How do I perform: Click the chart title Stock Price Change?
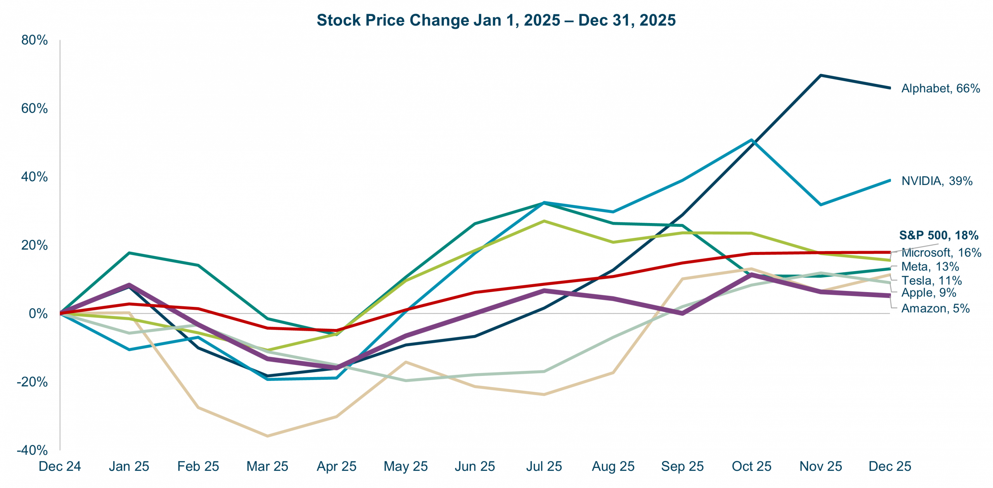[496, 20]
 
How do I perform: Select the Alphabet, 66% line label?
[940, 88]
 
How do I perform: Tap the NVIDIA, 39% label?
[937, 181]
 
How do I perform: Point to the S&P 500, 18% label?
[938, 235]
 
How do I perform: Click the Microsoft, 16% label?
[941, 253]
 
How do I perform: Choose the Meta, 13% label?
[930, 266]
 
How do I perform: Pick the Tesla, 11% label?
[931, 280]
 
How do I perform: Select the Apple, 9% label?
[928, 293]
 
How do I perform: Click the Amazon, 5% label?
[935, 308]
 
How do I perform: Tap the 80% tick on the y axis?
[35, 40]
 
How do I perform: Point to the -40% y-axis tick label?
[32, 450]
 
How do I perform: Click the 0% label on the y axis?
[38, 313]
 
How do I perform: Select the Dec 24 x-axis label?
[60, 466]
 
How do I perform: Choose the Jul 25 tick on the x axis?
[544, 466]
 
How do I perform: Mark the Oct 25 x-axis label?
[751, 466]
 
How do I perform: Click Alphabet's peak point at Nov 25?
[821, 75]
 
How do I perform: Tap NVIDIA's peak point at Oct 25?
[752, 140]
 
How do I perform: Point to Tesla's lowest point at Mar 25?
[268, 436]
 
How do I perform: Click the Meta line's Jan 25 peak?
[129, 253]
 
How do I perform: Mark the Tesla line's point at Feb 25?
[199, 407]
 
